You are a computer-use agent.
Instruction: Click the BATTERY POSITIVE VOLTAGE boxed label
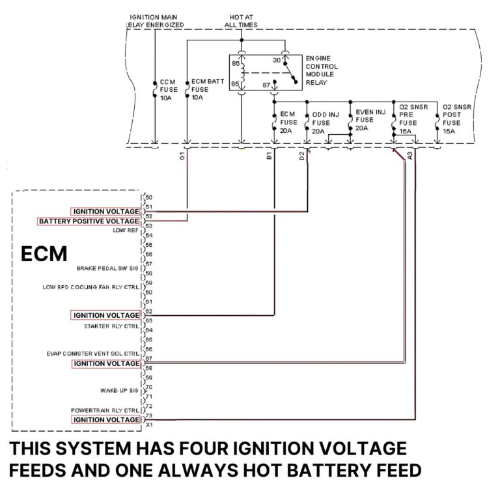pyautogui.click(x=89, y=221)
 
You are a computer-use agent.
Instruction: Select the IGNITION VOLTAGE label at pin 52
pyautogui.click(x=106, y=212)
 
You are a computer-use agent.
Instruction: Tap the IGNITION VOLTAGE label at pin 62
pyautogui.click(x=106, y=315)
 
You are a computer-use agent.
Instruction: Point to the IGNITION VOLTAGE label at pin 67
pyautogui.click(x=106, y=363)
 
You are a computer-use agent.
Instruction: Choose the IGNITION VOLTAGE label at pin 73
pyautogui.click(x=106, y=420)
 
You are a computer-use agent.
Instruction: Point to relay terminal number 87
pyautogui.click(x=266, y=85)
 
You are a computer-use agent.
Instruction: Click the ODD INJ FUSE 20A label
pyautogui.click(x=326, y=122)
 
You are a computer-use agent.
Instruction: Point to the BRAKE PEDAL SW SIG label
pyautogui.click(x=107, y=268)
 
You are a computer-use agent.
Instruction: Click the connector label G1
pyautogui.click(x=183, y=156)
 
